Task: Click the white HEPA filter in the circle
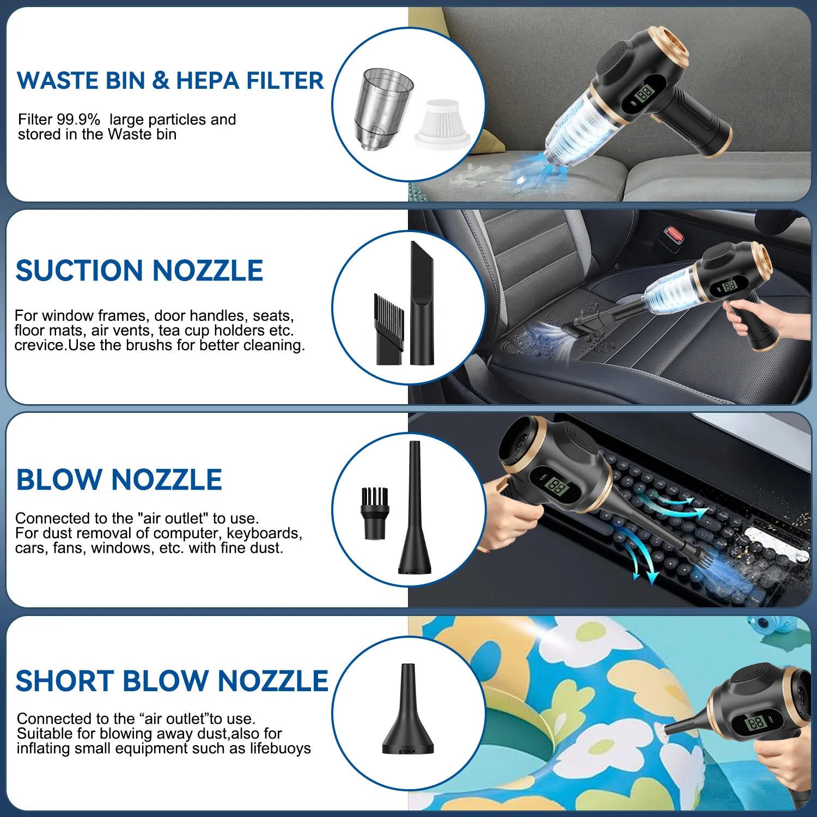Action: (442, 124)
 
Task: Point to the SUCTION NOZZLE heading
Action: (139, 271)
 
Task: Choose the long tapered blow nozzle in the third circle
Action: (415, 512)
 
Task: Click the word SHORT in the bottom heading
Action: (64, 681)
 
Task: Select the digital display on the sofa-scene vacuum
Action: (645, 93)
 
